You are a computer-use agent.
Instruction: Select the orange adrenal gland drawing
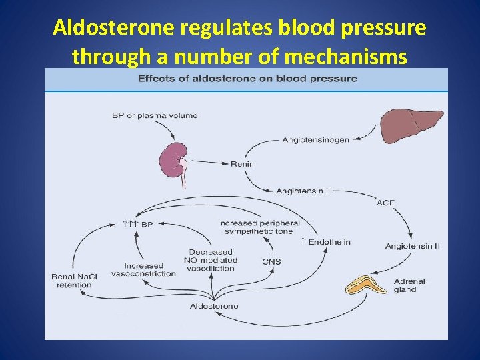coord(365,285)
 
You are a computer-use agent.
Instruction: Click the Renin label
coord(242,164)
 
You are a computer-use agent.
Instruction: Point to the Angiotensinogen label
coord(315,140)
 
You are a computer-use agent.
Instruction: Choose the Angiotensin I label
coord(302,191)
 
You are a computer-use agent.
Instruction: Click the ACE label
coord(385,203)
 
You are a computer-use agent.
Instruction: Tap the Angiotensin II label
coord(413,246)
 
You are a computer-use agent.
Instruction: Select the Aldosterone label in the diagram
coord(214,306)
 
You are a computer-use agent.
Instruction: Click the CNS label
coord(271,262)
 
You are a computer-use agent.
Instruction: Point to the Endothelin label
coord(325,242)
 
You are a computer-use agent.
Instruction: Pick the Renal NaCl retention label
coord(74,281)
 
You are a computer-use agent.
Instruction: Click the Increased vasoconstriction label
coord(143,270)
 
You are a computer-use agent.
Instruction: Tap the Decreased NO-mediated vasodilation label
coord(211,261)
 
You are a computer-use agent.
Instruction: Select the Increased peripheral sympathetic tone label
coord(259,227)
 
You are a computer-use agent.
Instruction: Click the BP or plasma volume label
coord(155,116)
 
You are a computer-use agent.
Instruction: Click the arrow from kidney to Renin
coord(210,162)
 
